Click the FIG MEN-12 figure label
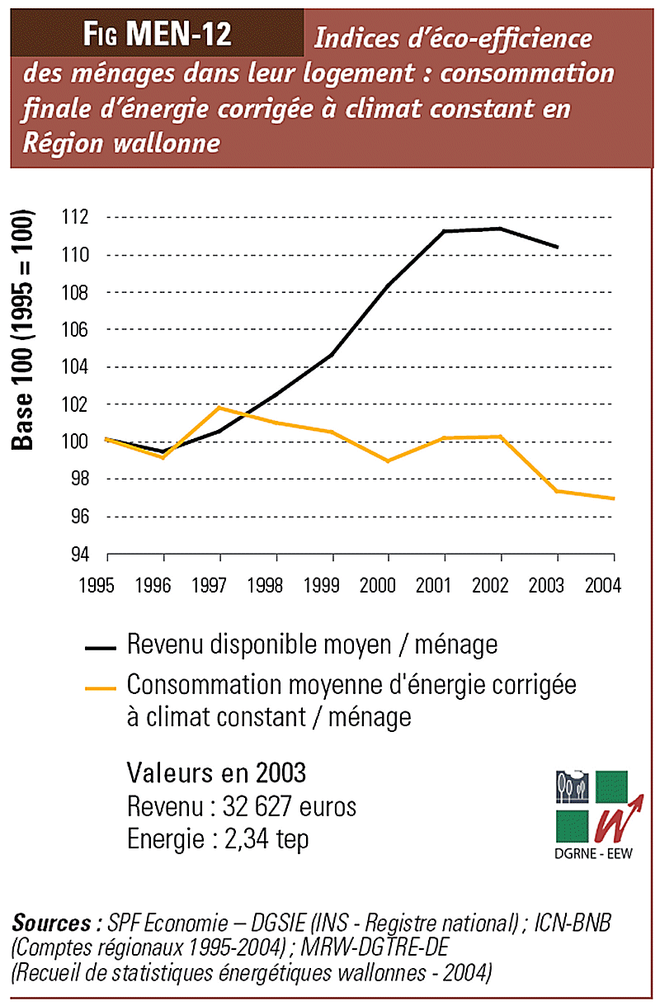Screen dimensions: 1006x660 tap(158, 35)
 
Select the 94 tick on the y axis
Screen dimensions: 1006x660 tap(76, 554)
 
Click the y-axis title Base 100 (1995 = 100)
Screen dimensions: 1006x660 tap(23, 330)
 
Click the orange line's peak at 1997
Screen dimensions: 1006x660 tap(219, 408)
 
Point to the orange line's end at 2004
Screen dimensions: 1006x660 tap(613, 498)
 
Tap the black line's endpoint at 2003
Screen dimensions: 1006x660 tap(558, 247)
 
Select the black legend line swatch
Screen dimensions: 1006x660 tap(102, 648)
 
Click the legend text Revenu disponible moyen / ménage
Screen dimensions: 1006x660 tap(312, 645)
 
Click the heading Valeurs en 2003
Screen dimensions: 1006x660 tap(216, 773)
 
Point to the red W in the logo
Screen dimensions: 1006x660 tap(610, 821)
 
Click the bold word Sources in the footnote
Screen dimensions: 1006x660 tap(51, 923)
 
